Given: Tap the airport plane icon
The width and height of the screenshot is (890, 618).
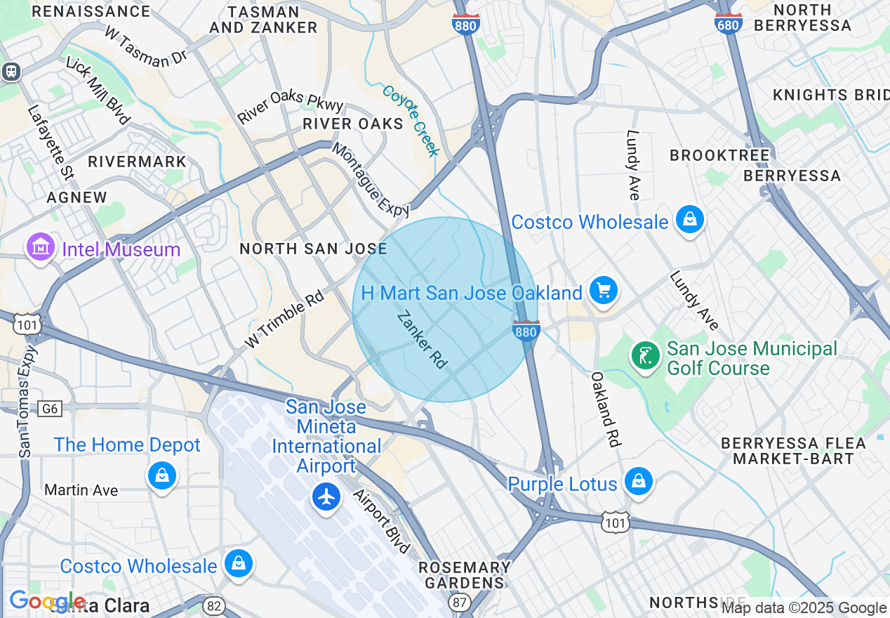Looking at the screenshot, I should pos(326,497).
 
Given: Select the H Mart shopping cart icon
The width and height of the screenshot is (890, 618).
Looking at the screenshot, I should pos(603,291).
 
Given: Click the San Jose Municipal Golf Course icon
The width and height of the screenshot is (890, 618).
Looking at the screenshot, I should pos(645,355).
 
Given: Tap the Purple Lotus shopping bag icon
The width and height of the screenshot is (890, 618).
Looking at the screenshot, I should pos(639,482).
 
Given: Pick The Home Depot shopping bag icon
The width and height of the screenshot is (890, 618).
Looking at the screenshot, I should pos(162,475).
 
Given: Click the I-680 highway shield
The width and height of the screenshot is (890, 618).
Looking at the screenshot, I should pos(729,23).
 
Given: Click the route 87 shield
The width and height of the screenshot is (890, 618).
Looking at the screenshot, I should pos(460,603).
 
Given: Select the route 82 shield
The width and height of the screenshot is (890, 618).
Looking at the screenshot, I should pos(214,605).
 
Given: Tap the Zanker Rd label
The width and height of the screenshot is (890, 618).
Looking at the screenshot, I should pos(422,340).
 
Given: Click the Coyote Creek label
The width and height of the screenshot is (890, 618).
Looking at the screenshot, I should pos(411,120).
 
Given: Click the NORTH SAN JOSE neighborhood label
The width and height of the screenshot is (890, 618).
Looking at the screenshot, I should pos(313,249).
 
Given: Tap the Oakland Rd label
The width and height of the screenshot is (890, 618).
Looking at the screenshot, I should pos(605,409).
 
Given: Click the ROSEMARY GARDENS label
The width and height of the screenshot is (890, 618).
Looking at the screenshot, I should pos(464,574).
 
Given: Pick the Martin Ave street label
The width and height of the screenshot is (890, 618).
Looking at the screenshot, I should pos(81,489).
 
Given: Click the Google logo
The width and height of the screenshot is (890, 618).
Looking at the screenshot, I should pos(46,602).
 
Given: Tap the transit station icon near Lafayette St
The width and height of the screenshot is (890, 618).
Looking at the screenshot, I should pos(10,71).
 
